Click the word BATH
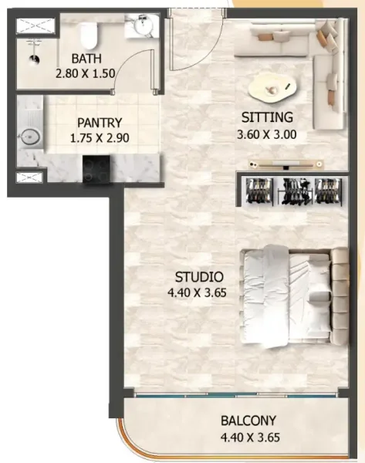pos(85,59)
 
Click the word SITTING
pos(267,118)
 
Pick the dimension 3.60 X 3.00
pos(268,133)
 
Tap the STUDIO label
pos(199,277)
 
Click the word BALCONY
pos(248,422)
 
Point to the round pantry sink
pos(29,137)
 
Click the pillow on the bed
pos(317,297)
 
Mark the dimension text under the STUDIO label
pos(199,293)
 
